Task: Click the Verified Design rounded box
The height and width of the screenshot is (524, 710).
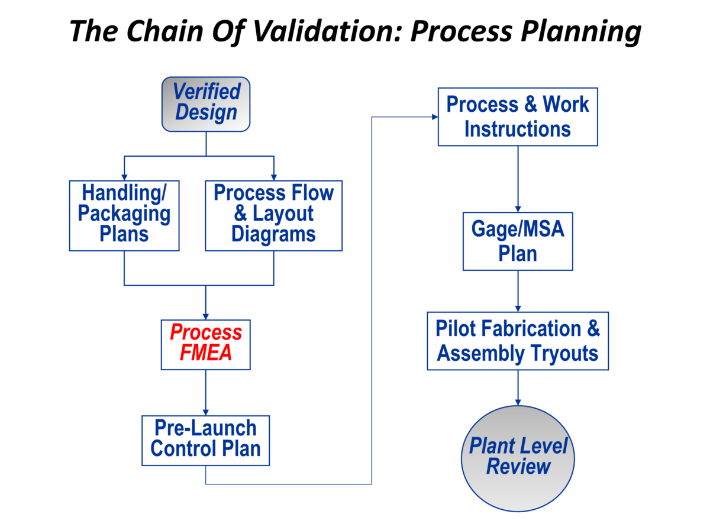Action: (206, 103)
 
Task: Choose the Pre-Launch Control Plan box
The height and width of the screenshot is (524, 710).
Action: (205, 439)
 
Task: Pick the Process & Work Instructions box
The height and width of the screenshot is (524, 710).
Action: (517, 117)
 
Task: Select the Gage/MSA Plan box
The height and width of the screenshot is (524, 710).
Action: (518, 241)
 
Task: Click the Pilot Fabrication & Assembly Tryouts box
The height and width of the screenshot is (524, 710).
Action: (518, 341)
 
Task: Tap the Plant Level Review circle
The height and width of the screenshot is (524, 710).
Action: (518, 456)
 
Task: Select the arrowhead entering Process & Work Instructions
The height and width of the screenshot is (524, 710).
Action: (434, 117)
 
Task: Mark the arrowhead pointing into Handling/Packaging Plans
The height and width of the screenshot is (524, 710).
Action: (124, 177)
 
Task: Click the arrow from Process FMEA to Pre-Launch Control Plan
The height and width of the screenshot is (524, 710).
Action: (206, 392)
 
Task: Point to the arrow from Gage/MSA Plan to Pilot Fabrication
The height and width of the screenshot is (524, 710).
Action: (518, 290)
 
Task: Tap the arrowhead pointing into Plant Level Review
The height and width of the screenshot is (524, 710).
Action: (518, 402)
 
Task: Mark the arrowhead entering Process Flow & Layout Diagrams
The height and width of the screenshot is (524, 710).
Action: (274, 177)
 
